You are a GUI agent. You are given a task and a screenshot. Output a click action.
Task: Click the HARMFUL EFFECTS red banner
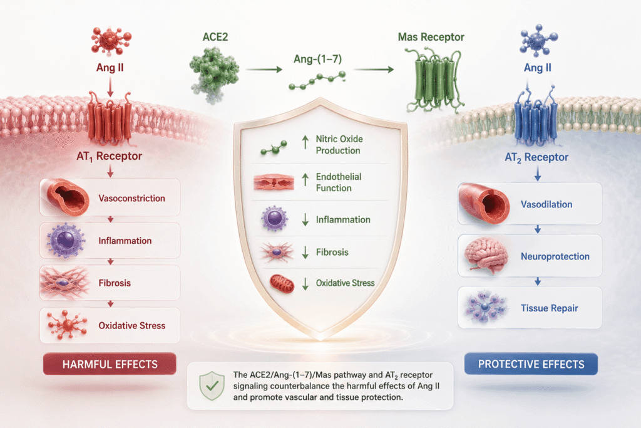point(110,363)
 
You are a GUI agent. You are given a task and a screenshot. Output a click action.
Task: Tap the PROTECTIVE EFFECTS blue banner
point(531,363)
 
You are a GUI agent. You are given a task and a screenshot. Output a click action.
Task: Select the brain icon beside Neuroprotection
point(486,255)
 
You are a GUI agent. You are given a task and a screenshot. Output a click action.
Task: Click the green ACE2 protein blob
point(214,74)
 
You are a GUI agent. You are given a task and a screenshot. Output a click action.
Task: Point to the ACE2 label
point(215,37)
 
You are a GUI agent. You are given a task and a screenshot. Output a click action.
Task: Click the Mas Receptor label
point(431,37)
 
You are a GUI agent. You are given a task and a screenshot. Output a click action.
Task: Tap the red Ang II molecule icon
point(110,41)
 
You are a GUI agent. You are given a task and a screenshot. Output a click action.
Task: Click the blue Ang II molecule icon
point(538,41)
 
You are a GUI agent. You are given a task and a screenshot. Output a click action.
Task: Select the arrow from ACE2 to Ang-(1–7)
point(264,70)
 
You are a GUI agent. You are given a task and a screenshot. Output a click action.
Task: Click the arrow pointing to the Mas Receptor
point(374,70)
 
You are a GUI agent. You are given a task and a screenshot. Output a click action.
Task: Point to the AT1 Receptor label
point(109,156)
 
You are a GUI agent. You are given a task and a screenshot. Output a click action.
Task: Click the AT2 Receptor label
point(536,157)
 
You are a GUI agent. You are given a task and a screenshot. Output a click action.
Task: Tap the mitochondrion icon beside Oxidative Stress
point(282,284)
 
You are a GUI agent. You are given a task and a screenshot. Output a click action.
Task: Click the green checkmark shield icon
point(212,385)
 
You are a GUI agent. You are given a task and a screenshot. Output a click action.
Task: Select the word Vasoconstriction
point(131,199)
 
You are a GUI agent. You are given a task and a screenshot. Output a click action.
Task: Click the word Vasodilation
point(546,204)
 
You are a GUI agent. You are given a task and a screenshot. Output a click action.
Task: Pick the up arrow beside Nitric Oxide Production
point(305,142)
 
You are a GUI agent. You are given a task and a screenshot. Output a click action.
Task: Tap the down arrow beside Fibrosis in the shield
point(305,253)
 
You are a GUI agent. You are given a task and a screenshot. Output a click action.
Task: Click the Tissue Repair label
point(550,308)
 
